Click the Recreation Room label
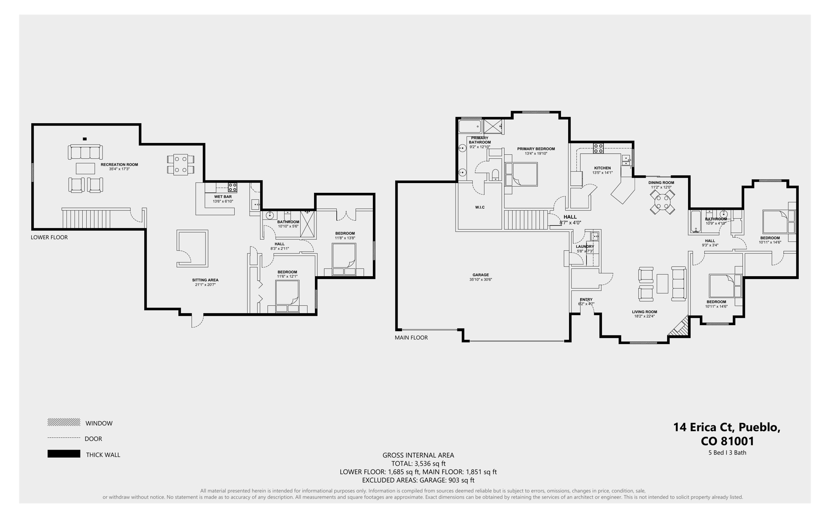click(x=119, y=165)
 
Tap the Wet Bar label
click(x=223, y=197)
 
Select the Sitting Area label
click(x=205, y=280)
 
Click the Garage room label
click(x=481, y=275)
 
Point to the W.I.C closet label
click(x=480, y=207)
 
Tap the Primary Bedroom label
click(x=536, y=149)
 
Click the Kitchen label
click(x=602, y=168)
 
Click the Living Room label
click(x=644, y=312)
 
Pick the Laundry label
click(x=585, y=246)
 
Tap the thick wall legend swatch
click(x=64, y=454)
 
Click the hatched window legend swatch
click(x=64, y=422)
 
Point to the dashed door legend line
click(x=64, y=438)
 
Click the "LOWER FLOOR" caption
click(x=49, y=237)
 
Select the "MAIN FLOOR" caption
click(x=411, y=337)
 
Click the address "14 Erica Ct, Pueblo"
click(x=727, y=427)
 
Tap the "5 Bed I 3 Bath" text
click(x=727, y=453)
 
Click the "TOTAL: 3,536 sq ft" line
click(x=418, y=464)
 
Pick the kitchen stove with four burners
click(x=598, y=148)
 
